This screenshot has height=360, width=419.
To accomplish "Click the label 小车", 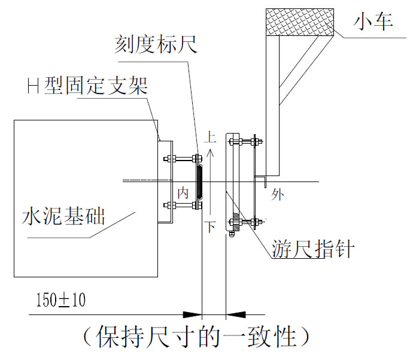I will pos(373,22).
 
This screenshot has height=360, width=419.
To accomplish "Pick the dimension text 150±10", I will pos(60,300).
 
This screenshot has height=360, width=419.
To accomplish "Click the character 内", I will pos(183,192).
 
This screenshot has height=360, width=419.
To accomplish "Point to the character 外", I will pos(277,194).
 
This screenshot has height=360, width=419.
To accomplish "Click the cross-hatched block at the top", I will pos(299,22).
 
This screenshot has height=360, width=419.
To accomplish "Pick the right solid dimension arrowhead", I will pos(236,314).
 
